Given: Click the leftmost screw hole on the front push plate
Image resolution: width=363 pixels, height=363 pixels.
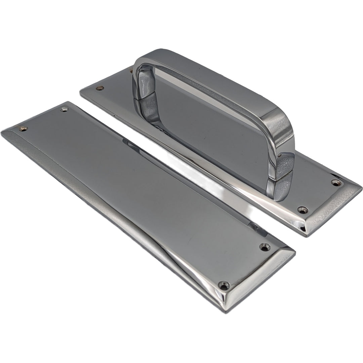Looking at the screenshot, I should [x=23, y=128].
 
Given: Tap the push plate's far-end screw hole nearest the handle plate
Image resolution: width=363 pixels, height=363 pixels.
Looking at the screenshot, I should [x=64, y=109].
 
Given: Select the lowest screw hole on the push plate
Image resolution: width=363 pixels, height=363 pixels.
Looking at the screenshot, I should [x=223, y=285].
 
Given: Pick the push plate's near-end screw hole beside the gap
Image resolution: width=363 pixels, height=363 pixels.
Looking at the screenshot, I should [x=265, y=247].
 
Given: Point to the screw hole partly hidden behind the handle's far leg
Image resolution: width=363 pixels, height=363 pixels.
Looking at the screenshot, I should [x=131, y=71].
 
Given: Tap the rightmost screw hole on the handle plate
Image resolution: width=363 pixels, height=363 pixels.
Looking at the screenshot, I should [x=336, y=183].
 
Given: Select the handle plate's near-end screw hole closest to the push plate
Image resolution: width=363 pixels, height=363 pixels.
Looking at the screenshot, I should [x=302, y=210].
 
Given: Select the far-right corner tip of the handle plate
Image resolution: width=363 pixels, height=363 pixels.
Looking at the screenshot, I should [x=361, y=186].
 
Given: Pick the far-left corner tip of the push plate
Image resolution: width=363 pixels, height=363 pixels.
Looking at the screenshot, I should [x=2, y=132].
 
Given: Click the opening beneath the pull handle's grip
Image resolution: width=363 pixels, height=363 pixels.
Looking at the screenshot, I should [x=208, y=124].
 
